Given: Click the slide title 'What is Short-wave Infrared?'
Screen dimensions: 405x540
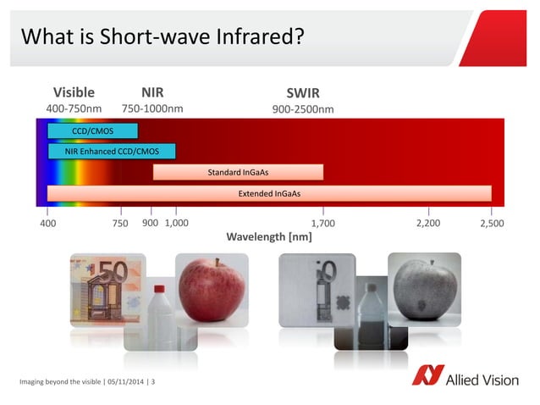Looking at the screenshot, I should click(x=162, y=37).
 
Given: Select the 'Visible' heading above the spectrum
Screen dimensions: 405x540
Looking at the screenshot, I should click(x=74, y=92).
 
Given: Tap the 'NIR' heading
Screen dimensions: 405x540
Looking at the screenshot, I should click(x=152, y=92).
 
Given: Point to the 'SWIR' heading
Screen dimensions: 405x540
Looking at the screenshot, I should click(x=303, y=93).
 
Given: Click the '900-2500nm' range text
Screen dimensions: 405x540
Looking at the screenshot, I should click(x=303, y=109).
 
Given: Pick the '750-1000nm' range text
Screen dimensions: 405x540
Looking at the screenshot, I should click(x=152, y=108).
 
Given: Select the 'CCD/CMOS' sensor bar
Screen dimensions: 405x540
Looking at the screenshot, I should click(x=92, y=130).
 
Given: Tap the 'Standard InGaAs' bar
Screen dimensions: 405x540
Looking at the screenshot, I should click(x=238, y=173).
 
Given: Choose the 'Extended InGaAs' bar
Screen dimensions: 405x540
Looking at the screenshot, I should click(x=269, y=193).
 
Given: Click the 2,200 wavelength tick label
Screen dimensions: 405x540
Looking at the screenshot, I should click(x=429, y=223).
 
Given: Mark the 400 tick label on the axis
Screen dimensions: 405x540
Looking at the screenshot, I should click(x=48, y=223).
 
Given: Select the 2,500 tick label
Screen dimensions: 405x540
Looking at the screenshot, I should click(x=492, y=223).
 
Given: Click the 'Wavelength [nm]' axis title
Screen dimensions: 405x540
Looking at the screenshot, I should click(x=269, y=237).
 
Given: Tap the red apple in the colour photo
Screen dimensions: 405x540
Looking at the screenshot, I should click(x=212, y=291).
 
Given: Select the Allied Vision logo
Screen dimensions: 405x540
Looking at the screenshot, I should click(x=465, y=378).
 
